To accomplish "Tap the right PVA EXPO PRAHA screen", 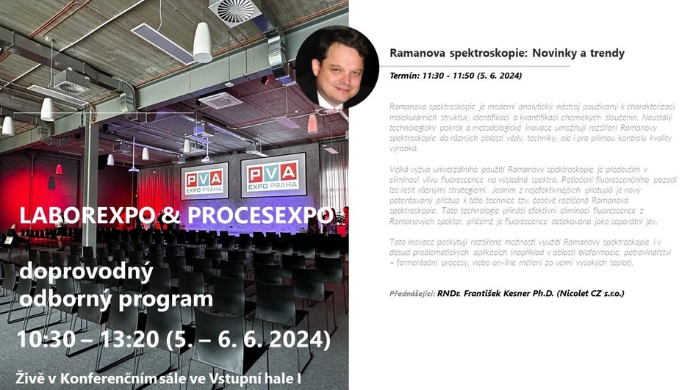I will [x=273, y=174].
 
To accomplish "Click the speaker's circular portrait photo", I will [x=337, y=67].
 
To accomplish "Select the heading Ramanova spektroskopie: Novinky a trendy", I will [x=506, y=54].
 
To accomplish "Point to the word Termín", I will [x=404, y=76].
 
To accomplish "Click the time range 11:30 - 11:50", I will [x=453, y=76].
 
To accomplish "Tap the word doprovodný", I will [x=86, y=272].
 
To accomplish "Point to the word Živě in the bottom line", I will [x=36, y=378].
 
